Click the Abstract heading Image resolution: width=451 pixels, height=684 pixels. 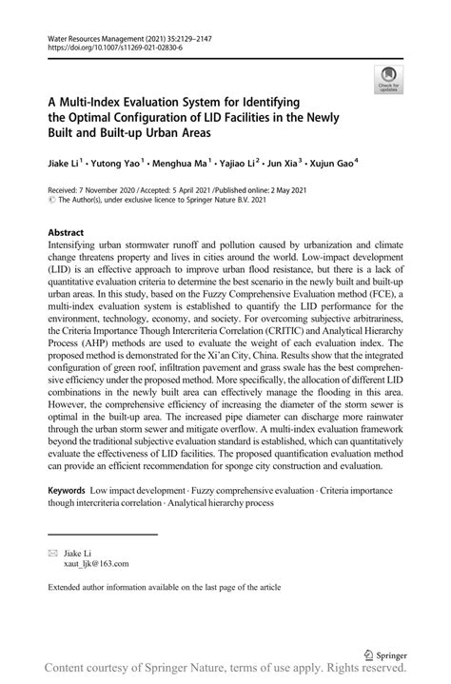point(67,232)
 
